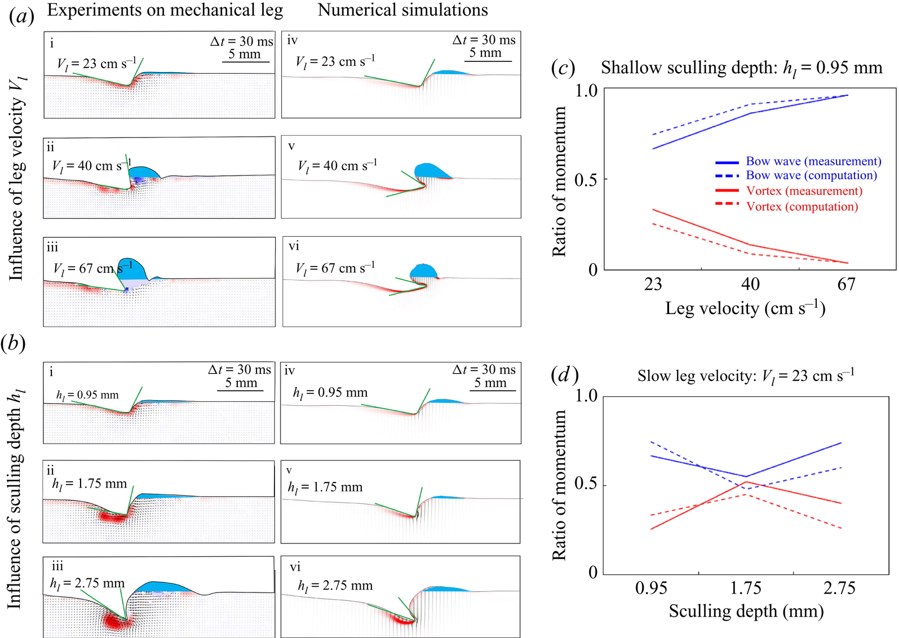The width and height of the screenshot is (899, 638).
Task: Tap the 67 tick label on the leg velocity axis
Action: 846,284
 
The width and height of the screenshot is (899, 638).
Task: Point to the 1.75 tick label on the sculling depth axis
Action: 746,588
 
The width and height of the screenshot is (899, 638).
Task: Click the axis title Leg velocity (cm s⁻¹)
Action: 745,308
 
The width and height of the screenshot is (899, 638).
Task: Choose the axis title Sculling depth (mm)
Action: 746,612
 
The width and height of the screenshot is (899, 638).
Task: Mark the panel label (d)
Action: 565,375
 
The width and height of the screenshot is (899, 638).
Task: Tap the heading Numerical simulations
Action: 402,10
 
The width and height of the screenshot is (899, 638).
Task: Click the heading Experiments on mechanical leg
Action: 165,11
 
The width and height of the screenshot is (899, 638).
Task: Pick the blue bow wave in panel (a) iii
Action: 132,269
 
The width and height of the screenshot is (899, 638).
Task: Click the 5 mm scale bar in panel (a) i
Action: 246,62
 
